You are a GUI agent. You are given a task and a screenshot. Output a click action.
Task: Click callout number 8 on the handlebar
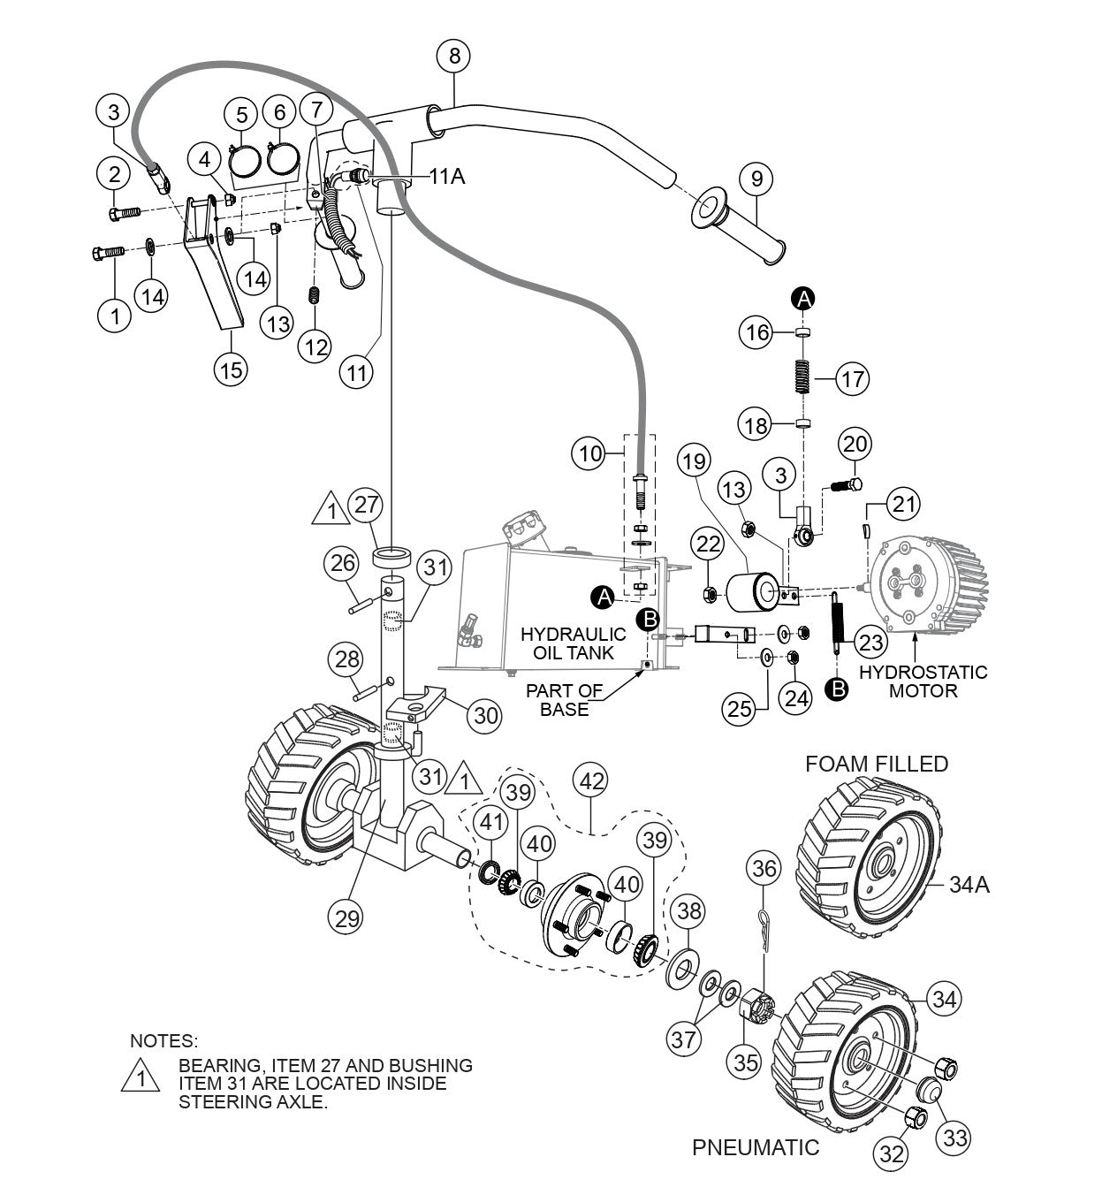(454, 57)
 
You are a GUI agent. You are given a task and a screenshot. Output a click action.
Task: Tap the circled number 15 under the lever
(230, 369)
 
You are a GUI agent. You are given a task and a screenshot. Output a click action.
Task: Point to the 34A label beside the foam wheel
(969, 883)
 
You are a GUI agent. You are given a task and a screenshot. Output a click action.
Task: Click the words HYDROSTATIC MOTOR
(923, 681)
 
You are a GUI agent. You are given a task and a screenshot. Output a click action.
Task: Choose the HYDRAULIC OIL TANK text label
(573, 643)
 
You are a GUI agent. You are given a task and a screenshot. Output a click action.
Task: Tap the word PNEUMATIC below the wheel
(756, 1148)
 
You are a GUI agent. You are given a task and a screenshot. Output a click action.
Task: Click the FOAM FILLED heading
(876, 764)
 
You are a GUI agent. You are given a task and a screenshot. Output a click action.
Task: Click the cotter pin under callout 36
(765, 928)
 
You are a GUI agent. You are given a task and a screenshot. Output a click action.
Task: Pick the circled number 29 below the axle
(346, 917)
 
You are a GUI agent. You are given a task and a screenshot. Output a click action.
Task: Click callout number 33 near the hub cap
(955, 1138)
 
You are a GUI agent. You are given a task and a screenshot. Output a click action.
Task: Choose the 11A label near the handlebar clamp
(447, 177)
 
